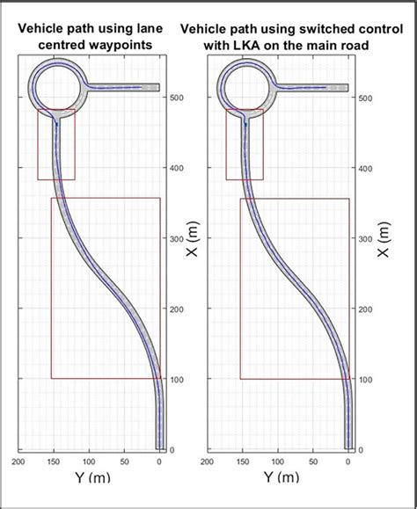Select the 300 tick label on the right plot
363,238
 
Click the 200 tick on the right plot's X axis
363,309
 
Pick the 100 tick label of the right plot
363,379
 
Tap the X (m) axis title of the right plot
384,238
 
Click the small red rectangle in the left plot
55,145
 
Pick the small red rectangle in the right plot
245,145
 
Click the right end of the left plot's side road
157,87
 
